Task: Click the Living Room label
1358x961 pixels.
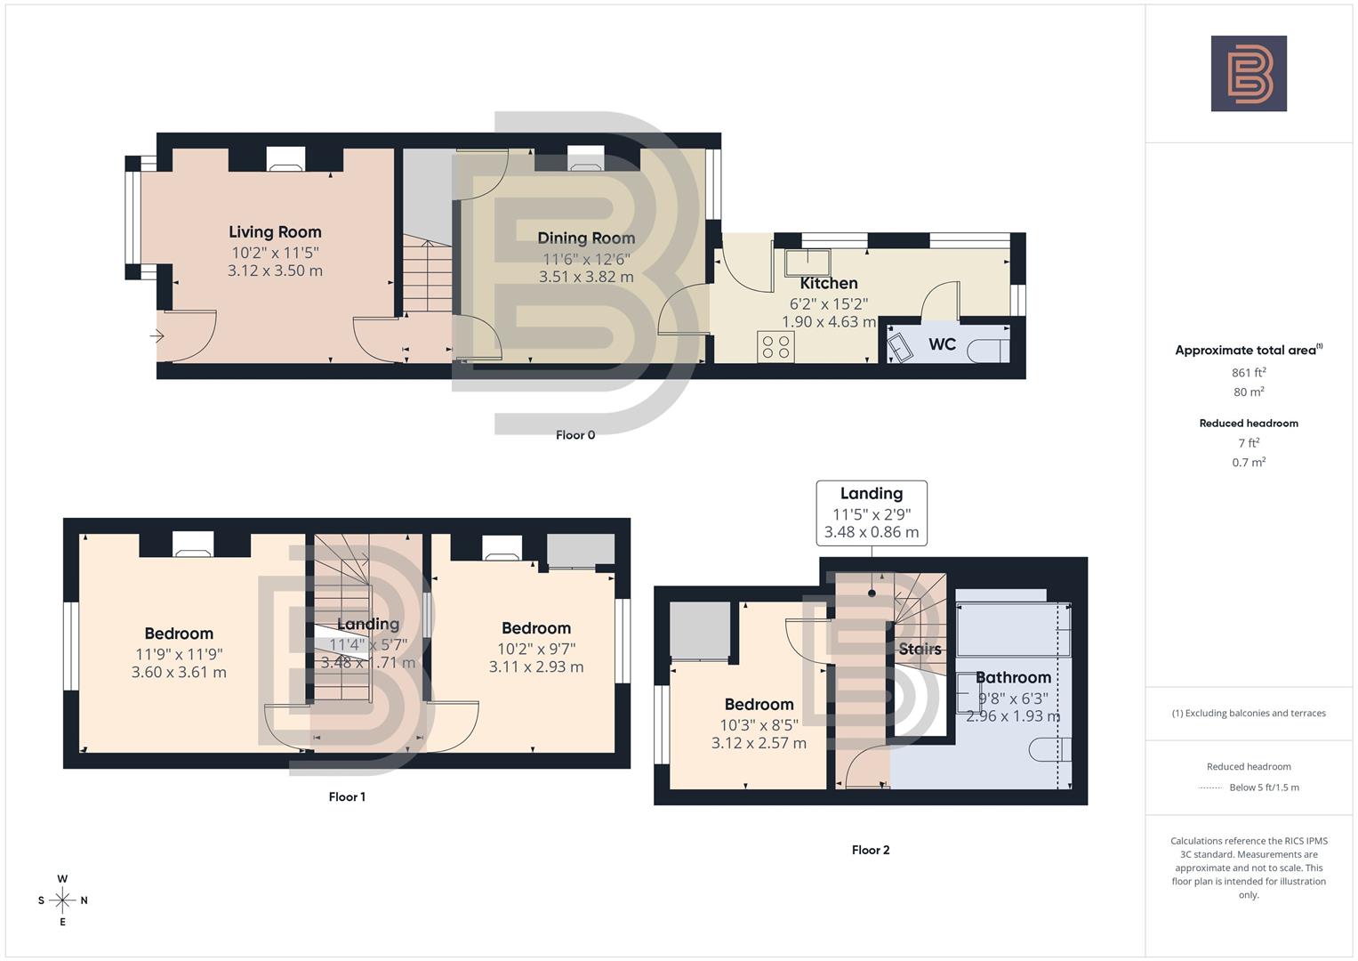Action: click(x=275, y=232)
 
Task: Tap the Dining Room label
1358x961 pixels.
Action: click(x=586, y=238)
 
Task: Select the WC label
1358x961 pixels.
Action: click(x=942, y=344)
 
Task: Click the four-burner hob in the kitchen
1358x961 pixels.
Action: click(x=775, y=346)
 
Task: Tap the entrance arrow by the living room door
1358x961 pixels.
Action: click(x=157, y=336)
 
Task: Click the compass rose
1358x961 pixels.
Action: click(x=62, y=900)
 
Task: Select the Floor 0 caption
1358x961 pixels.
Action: click(x=575, y=435)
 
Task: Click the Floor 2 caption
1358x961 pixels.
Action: click(x=871, y=850)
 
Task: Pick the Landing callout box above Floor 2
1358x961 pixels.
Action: click(x=872, y=513)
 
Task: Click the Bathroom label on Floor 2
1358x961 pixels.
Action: click(x=1013, y=678)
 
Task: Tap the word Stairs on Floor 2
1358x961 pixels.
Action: click(x=920, y=649)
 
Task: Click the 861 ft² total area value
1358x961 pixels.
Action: click(x=1249, y=372)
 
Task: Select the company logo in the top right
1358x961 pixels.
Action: click(x=1249, y=74)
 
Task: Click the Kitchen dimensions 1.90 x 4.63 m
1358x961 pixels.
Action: click(x=829, y=322)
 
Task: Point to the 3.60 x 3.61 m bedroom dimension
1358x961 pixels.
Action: click(x=179, y=673)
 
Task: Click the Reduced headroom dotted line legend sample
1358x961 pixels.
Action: click(x=1211, y=787)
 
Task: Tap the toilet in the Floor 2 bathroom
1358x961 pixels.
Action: click(x=1051, y=750)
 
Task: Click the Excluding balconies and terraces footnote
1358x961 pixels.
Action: click(x=1249, y=713)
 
